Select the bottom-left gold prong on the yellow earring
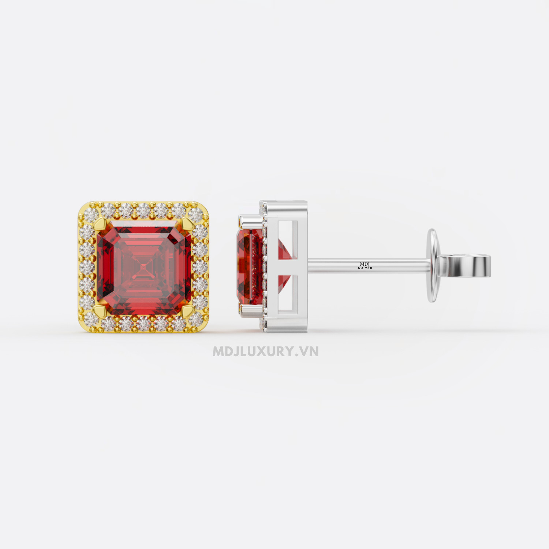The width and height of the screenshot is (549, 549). [99, 311]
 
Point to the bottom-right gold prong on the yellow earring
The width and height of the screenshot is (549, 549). [188, 311]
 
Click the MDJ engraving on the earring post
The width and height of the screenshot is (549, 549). [365, 264]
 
